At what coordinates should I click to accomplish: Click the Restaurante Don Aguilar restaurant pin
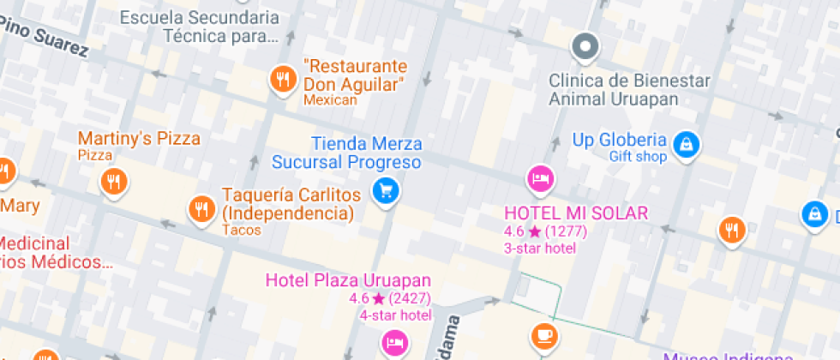coord(283,80)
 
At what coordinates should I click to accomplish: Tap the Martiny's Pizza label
coord(139,138)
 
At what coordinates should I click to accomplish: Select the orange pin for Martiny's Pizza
coord(113,181)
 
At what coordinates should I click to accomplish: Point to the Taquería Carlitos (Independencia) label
coord(287,204)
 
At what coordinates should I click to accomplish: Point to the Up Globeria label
coord(620,140)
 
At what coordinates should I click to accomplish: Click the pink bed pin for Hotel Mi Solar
coord(540,179)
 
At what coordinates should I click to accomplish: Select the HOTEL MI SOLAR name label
coord(576,213)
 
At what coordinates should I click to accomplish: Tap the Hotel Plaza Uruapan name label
coord(348,280)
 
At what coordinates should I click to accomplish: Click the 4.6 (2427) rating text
coord(390,298)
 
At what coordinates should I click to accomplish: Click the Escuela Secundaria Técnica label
coord(199,27)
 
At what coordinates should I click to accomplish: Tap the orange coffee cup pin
coord(543,334)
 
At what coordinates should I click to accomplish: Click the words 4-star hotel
coord(394,315)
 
